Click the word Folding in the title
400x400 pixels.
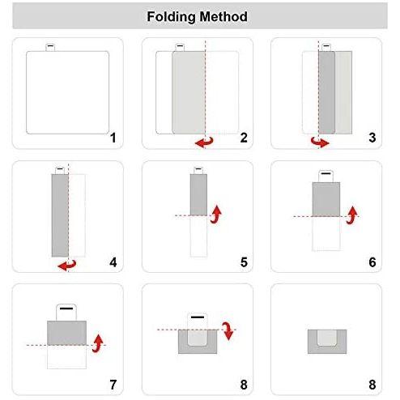(x=171, y=17)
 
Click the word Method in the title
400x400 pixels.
(x=223, y=16)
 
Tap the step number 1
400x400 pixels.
(x=113, y=138)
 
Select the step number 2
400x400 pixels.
(x=244, y=138)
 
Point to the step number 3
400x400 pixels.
(x=372, y=138)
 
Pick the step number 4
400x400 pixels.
(x=113, y=262)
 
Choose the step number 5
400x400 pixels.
(x=244, y=262)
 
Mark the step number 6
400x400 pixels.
(x=372, y=262)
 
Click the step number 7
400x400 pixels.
(x=113, y=385)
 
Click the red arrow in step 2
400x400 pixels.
(x=204, y=143)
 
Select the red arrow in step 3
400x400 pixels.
(x=320, y=143)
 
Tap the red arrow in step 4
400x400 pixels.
(x=67, y=266)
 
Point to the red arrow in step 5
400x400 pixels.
(x=216, y=215)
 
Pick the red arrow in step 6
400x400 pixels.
(x=352, y=215)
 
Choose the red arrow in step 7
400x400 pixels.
(x=98, y=343)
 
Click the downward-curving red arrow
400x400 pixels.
(x=228, y=330)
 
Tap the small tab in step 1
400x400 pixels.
(x=50, y=47)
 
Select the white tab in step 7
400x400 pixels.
(x=66, y=313)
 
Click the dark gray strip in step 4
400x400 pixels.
(x=60, y=215)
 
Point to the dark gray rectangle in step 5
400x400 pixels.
(x=198, y=194)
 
